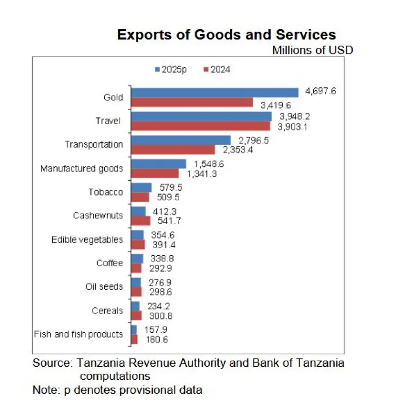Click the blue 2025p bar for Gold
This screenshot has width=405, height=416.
(215, 92)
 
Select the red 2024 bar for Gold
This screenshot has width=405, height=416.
(192, 102)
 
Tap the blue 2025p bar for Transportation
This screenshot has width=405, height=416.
(181, 140)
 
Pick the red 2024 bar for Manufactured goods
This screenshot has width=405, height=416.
(155, 173)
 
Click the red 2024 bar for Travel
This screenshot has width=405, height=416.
(201, 126)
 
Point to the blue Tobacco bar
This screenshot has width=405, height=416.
(142, 187)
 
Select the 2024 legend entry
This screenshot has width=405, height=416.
(217, 70)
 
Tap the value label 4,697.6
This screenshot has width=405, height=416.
(320, 91)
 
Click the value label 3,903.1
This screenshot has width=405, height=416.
(293, 126)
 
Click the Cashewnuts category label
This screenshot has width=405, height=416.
(98, 216)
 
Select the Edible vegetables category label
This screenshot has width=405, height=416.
(87, 240)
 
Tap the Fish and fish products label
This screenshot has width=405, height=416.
(79, 334)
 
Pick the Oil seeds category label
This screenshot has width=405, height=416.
(104, 286)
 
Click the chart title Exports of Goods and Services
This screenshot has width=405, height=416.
(226, 35)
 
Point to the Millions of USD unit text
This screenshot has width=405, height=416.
(312, 50)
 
